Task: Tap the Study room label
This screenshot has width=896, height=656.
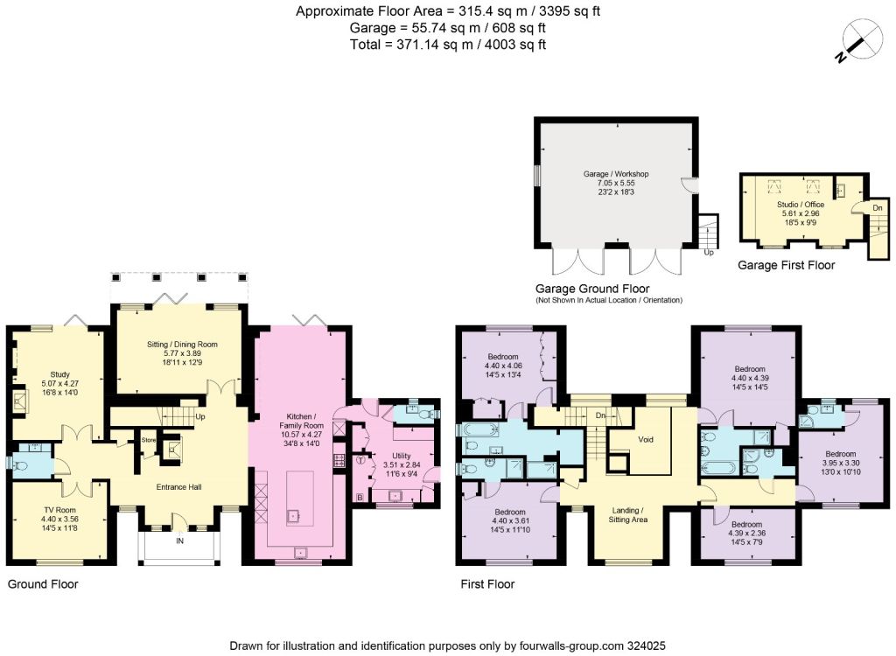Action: coord(60,375)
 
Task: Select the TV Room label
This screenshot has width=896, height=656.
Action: coord(59,510)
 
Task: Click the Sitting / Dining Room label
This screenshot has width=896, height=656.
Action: coord(182,345)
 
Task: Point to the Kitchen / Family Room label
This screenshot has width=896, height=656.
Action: coord(301,421)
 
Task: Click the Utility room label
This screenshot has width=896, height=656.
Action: coord(402,456)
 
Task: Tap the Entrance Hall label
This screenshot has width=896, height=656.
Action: coord(178,487)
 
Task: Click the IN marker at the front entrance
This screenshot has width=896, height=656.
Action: coord(180,541)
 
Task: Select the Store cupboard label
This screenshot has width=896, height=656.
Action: coord(149,440)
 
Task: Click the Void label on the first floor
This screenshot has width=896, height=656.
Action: coord(645,439)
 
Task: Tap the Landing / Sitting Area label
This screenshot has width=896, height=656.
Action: coord(628,515)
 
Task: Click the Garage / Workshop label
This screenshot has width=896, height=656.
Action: coord(616,174)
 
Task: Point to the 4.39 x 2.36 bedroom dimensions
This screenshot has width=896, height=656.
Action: coord(747,534)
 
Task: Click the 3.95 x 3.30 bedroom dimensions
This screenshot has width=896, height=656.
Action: coord(841,463)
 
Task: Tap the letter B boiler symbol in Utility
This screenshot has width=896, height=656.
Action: coord(360,497)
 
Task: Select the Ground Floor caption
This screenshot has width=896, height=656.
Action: coord(43,584)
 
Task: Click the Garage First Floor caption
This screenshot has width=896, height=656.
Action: coord(787,265)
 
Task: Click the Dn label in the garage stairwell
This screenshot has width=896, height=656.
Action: coord(878,208)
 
